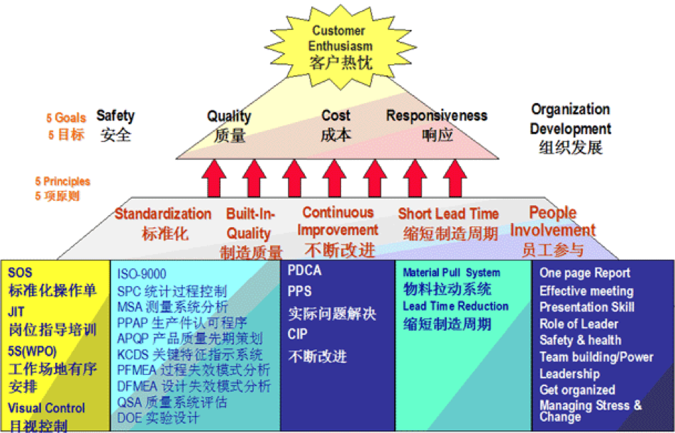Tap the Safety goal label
point(116,124)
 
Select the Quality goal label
point(229,125)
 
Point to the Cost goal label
point(336,124)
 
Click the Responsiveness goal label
point(437,124)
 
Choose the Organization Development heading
point(571,128)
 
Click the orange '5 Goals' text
point(67,119)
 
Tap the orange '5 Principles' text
point(62,182)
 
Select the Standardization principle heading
point(163,223)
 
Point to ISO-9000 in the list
point(142,273)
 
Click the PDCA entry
point(304,270)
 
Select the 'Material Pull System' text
point(451,273)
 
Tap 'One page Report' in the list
point(584,273)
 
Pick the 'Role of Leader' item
point(579,324)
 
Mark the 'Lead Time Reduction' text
point(455,306)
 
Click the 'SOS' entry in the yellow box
point(21,273)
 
